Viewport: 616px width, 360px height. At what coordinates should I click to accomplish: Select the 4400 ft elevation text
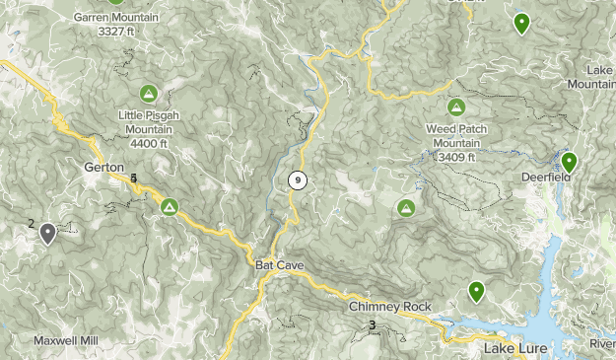[x=148, y=145]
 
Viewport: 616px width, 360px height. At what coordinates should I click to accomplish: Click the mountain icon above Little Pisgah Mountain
[x=148, y=94]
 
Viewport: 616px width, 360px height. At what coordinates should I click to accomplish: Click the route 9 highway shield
[x=297, y=180]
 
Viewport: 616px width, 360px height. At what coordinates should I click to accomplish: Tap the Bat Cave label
[x=279, y=266]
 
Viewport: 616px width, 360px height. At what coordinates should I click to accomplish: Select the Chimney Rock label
[x=389, y=307]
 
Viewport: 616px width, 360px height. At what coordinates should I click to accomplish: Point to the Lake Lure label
[x=514, y=349]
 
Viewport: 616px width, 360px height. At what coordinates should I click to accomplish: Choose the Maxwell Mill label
[x=69, y=340]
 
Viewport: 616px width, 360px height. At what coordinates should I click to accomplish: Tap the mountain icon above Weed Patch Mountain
[x=455, y=107]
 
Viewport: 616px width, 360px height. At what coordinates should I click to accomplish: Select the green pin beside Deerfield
[x=569, y=163]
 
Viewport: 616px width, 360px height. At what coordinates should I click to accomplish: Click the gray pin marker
[x=47, y=233]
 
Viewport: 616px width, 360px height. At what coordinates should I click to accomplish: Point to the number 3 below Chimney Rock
[x=372, y=325]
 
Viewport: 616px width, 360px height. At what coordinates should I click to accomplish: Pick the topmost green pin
[x=521, y=22]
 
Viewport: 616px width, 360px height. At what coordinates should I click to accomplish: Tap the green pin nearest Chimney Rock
[x=477, y=291]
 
